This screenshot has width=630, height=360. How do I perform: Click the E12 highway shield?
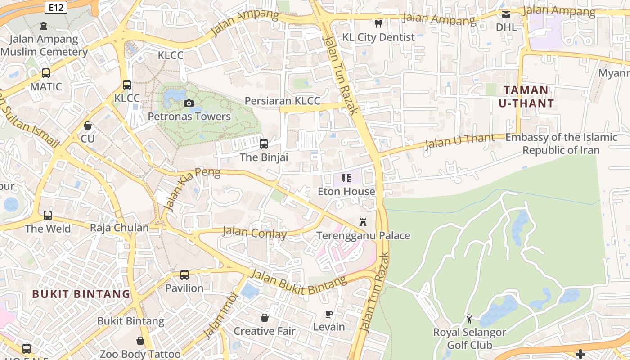pyautogui.click(x=56, y=7)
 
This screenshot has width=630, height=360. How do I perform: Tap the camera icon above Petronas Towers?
pyautogui.click(x=189, y=103)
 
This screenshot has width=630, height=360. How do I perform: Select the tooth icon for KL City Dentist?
pyautogui.click(x=378, y=23)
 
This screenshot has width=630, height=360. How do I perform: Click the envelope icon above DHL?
pyautogui.click(x=506, y=14)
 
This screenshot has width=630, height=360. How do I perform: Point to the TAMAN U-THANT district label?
pyautogui.click(x=526, y=97)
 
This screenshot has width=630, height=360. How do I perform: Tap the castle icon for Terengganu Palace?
pyautogui.click(x=363, y=222)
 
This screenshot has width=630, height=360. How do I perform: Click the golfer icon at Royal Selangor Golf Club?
pyautogui.click(x=469, y=319)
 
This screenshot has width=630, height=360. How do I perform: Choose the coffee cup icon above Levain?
pyautogui.click(x=329, y=314)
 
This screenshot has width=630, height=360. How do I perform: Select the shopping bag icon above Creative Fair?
pyautogui.click(x=265, y=318)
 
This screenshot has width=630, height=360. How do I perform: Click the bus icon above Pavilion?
pyautogui.click(x=184, y=274)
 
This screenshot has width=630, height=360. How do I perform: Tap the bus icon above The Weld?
pyautogui.click(x=48, y=216)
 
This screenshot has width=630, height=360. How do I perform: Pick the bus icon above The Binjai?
pyautogui.click(x=264, y=144)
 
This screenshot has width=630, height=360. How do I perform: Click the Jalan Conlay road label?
pyautogui.click(x=255, y=233)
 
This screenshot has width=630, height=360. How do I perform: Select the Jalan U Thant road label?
pyautogui.click(x=459, y=141)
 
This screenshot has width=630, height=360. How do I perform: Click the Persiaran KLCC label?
pyautogui.click(x=282, y=100)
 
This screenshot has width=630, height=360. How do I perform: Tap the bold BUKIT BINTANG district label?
pyautogui.click(x=81, y=294)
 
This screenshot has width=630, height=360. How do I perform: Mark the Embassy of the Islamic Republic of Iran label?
pyautogui.click(x=561, y=144)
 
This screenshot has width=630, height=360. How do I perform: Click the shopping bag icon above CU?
pyautogui.click(x=88, y=126)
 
